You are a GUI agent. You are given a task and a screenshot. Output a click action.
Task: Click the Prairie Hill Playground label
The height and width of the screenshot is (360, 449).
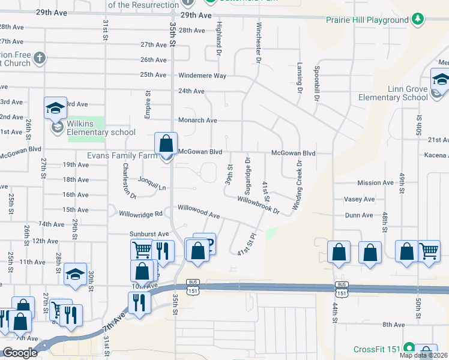pyautogui.click(x=367, y=20)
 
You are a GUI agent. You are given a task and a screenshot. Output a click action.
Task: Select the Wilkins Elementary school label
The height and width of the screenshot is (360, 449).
pyautogui.click(x=101, y=132)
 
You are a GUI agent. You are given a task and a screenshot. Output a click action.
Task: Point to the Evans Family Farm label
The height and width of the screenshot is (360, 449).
pyautogui.click(x=122, y=154)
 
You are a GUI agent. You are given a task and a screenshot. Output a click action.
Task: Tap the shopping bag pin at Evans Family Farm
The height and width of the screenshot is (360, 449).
pyautogui.click(x=166, y=145)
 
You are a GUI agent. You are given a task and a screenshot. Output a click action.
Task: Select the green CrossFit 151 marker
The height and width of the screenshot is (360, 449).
pyautogui.click(x=409, y=348)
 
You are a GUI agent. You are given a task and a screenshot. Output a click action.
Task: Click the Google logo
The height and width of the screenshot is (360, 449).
pyautogui.click(x=19, y=353)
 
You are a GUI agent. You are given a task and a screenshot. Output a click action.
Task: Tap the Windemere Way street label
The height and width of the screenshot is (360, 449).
pyautogui.click(x=202, y=76)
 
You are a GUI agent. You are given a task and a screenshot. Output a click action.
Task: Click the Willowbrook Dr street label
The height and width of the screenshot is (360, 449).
pyautogui.click(x=259, y=205)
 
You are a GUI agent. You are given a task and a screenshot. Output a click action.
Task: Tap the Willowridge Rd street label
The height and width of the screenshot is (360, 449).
pyautogui.click(x=141, y=214)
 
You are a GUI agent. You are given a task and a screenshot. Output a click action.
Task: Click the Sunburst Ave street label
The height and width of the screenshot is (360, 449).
pyautogui.click(x=149, y=234)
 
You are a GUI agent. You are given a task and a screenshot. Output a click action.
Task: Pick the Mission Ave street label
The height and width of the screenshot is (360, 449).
pyautogui.click(x=375, y=182)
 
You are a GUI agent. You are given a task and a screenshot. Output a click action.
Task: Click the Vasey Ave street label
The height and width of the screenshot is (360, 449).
pyautogui.click(x=359, y=199)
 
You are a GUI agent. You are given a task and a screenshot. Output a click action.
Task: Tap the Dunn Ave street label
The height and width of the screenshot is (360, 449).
pyautogui.click(x=360, y=215)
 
